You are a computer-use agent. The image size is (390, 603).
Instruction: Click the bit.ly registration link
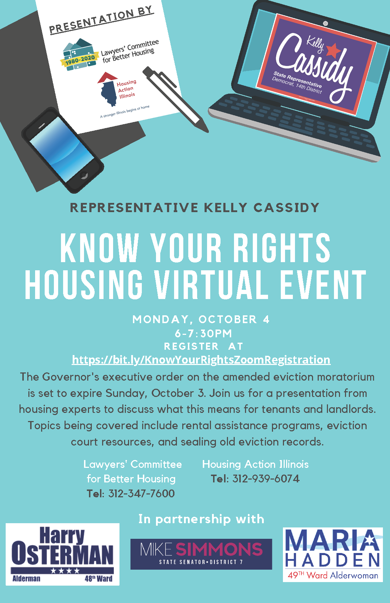coord(201,360)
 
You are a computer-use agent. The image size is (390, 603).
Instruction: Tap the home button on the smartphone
coord(84,175)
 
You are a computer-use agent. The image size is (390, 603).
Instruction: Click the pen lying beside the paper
coord(175,99)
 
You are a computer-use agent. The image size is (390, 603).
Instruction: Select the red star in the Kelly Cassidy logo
coord(334,50)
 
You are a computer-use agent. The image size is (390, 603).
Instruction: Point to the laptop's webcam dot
coord(325,23)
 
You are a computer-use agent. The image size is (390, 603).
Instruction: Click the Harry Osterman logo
coord(62,554)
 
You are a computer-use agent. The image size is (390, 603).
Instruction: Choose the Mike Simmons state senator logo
coord(201,554)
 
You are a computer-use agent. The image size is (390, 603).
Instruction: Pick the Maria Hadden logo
coord(333,554)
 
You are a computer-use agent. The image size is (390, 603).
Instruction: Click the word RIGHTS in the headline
coord(282,248)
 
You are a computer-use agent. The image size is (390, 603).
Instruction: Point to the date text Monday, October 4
coord(201,319)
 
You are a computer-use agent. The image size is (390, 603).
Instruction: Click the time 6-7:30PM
coord(203,333)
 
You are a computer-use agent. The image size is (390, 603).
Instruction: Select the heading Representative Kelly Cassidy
coord(195,208)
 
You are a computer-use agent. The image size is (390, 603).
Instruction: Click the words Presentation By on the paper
coord(101,20)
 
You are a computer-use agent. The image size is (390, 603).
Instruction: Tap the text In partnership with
coord(201,519)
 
